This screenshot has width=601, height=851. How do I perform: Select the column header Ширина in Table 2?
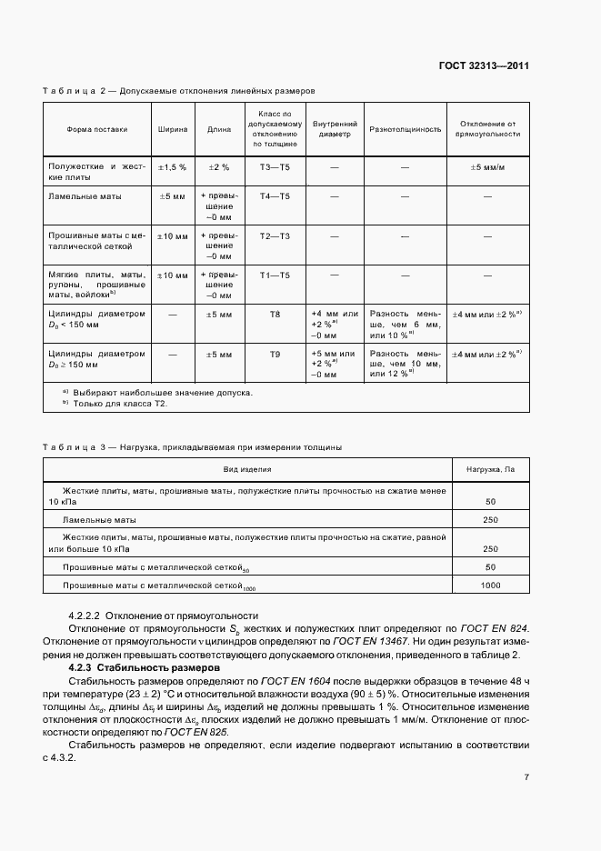[x=173, y=129]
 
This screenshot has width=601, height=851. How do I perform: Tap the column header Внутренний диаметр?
[x=335, y=129]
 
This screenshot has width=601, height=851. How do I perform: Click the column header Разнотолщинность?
[x=405, y=129]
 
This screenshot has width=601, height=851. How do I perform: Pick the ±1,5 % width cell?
[x=173, y=168]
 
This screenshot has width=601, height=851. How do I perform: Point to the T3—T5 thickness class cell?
[x=275, y=168]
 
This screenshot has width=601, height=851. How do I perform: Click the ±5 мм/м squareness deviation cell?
[x=488, y=168]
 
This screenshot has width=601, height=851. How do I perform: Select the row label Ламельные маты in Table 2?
[x=84, y=195]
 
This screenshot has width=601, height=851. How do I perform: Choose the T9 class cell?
[x=275, y=353]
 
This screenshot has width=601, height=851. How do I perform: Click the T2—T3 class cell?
[x=275, y=235]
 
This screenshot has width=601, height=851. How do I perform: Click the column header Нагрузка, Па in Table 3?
[x=490, y=469]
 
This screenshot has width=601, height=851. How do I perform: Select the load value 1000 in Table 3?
[x=490, y=586]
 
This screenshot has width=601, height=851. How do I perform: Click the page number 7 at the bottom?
[x=526, y=776]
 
